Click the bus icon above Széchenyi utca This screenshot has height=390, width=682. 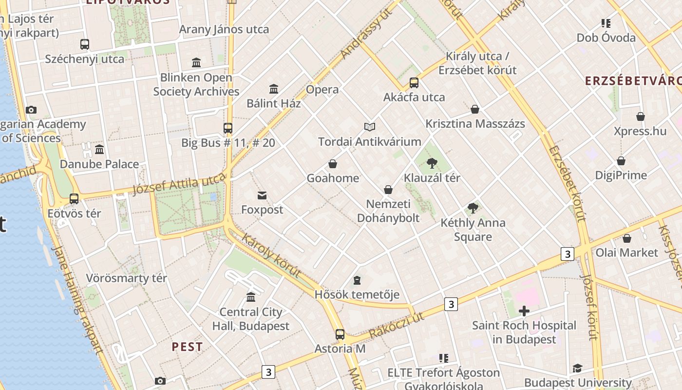click(x=85, y=44)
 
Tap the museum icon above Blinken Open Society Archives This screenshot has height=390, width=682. click(x=196, y=62)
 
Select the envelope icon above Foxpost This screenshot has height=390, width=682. click(x=262, y=195)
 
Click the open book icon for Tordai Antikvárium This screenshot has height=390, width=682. click(x=370, y=127)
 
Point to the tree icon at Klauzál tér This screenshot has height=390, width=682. click(x=432, y=163)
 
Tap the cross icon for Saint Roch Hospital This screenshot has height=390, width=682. click(x=524, y=311)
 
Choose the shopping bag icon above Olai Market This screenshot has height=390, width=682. click(x=627, y=238)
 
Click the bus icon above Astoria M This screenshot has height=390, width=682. click(x=340, y=334)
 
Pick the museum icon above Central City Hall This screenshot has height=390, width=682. click(x=251, y=297)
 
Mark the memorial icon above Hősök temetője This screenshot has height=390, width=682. click(x=357, y=280)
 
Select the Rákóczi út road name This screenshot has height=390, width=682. click(x=396, y=325)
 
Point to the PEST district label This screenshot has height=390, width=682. click(x=187, y=347)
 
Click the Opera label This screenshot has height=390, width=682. click(x=322, y=90)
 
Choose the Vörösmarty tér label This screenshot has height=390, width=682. click(x=127, y=278)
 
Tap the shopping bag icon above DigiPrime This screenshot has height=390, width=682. click(x=621, y=161)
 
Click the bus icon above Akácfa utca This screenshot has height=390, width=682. click(x=414, y=83)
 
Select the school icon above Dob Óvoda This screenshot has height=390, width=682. click(x=606, y=23)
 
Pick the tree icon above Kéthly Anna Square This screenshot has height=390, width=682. click(x=473, y=208)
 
